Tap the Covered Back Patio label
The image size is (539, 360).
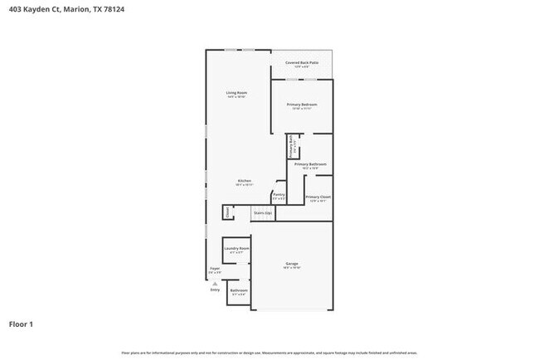[302, 62]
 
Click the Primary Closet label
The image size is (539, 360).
[318, 197]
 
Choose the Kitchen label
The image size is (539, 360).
[245, 181]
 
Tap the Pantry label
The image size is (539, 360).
[279, 195]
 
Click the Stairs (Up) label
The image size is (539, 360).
[262, 213]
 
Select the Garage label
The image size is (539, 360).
[292, 264]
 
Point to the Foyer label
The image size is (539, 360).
[215, 269]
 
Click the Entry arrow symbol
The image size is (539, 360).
[216, 283]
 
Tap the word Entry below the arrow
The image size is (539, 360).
[216, 290]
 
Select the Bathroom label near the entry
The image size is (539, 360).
[239, 290]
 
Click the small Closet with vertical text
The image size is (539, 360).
[227, 213]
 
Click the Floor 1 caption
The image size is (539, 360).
[22, 324]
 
